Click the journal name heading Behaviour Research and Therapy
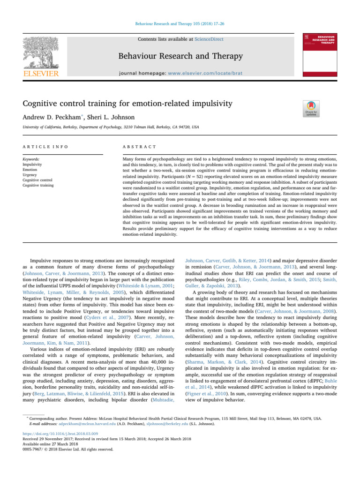point(180,57)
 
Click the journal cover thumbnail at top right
point(320,53)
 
